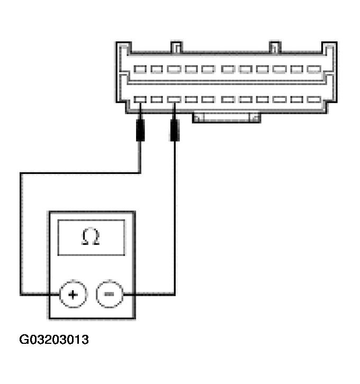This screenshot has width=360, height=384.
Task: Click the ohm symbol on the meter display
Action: (91, 237)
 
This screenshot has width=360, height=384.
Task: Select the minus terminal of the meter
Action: (109, 294)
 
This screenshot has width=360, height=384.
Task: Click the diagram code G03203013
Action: (54, 340)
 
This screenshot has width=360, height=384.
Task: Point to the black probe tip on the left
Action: (140, 130)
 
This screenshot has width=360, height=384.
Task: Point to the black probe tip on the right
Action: (175, 130)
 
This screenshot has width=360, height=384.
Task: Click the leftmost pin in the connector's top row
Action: (140, 69)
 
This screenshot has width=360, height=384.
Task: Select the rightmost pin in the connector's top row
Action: (314, 69)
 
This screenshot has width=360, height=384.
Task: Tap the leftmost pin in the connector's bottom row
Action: (140, 99)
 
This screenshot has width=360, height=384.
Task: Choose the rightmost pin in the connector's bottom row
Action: (314, 99)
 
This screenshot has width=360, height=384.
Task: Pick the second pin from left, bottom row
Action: (157, 99)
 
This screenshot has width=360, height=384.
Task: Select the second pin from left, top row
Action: (157, 69)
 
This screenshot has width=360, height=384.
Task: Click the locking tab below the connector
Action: (227, 117)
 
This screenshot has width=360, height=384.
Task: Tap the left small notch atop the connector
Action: (176, 48)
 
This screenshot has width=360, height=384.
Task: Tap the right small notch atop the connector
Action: (274, 48)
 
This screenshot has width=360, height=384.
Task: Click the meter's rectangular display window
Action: (91, 237)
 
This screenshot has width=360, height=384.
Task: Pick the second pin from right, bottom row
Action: (297, 99)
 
